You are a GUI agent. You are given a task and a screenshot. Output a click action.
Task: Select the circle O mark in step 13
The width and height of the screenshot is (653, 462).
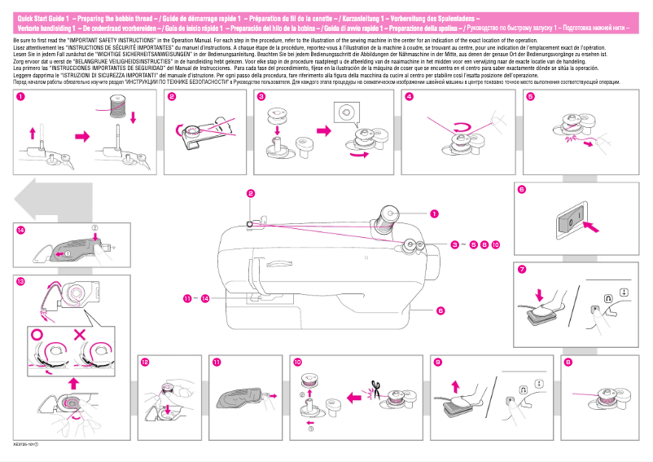coord(37,335)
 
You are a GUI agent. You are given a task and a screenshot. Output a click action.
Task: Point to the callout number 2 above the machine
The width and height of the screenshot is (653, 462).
coord(251,192)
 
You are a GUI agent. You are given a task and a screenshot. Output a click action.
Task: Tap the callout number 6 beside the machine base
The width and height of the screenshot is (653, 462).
coord(440,310)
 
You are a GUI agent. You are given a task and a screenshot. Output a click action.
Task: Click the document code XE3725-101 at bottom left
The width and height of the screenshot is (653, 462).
coord(28,445)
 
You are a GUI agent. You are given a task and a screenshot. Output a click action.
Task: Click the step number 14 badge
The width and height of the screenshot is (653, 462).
coord(20,230)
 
